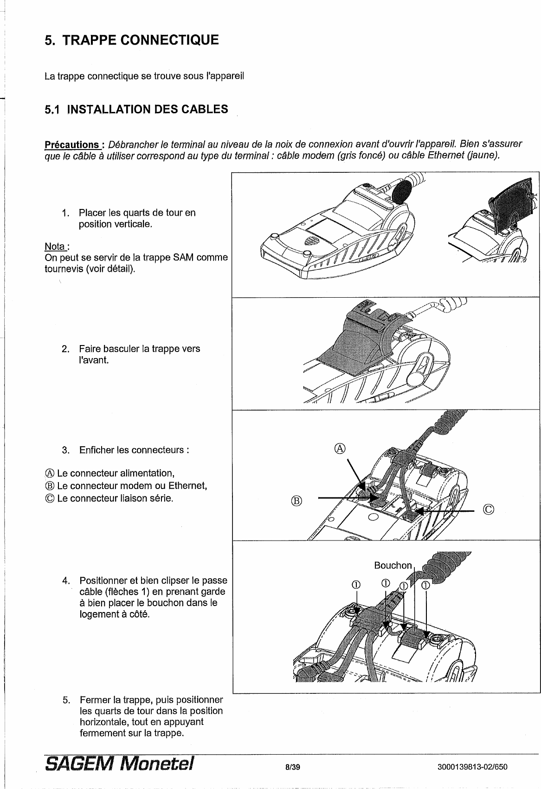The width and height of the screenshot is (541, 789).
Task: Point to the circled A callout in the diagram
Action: point(340,448)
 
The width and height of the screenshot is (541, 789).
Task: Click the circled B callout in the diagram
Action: point(296,501)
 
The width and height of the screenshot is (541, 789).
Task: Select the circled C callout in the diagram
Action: point(488,510)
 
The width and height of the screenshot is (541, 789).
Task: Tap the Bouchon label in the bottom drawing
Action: point(393,565)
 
